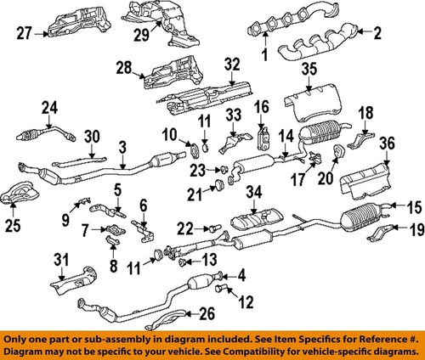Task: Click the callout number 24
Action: tap(48, 107)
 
